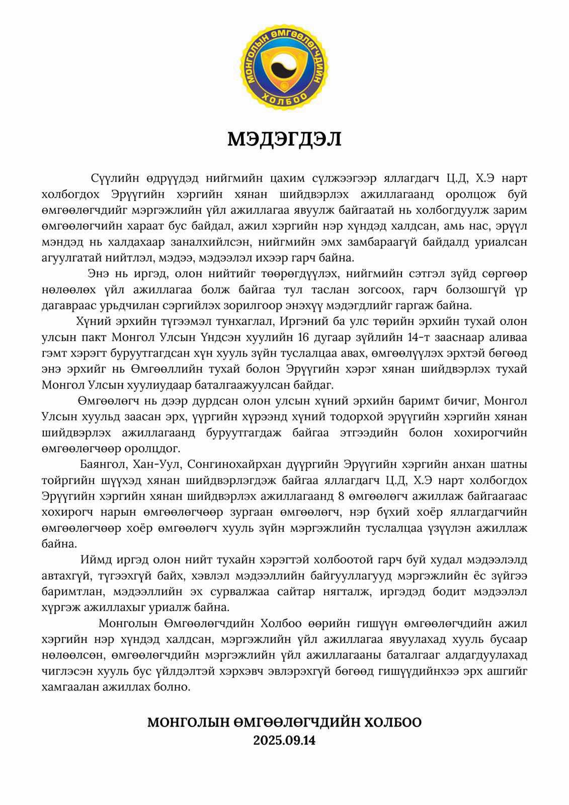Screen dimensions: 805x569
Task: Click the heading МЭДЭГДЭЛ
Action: tap(284, 139)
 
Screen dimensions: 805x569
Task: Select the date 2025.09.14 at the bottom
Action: tap(284, 741)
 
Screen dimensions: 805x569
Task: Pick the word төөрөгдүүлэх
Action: tap(300, 274)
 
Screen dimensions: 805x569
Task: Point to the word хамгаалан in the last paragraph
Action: tap(69, 687)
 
